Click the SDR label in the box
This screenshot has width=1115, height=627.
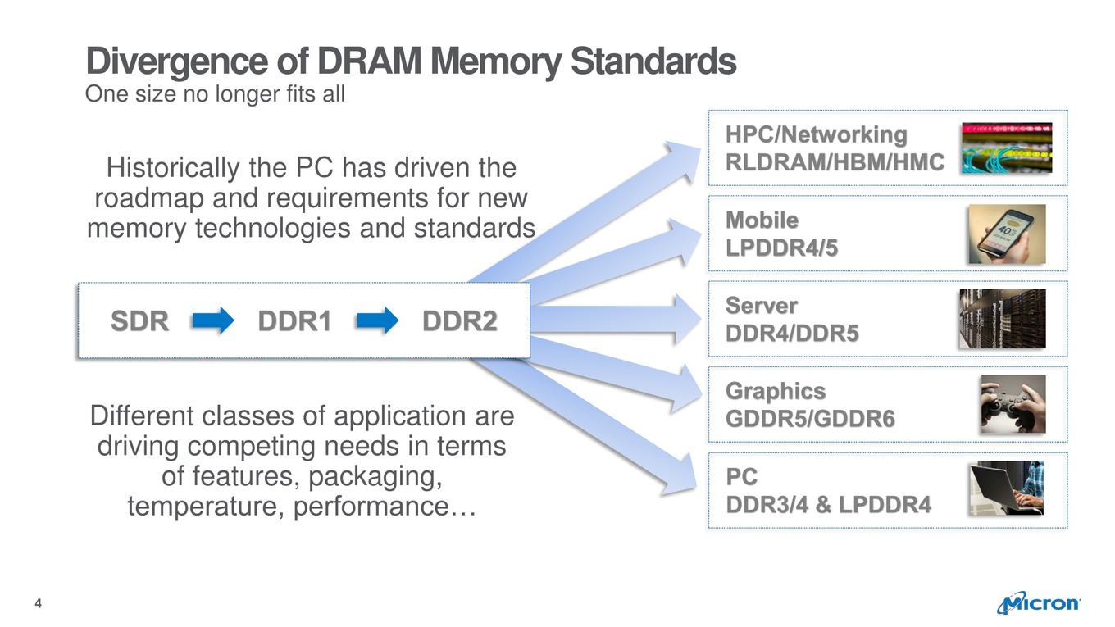140,320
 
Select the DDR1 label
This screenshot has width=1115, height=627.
294,320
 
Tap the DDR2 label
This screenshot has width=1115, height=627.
459,320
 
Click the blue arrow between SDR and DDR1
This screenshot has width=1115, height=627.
213,320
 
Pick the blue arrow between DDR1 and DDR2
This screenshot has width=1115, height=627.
377,320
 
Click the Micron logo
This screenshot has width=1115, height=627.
1038,602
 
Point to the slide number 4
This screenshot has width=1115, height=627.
39,603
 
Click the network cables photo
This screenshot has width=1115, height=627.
1007,148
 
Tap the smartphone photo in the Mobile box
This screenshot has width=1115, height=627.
1007,234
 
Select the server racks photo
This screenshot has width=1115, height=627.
1003,319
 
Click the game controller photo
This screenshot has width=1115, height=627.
1013,404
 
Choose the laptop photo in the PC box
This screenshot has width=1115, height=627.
1006,488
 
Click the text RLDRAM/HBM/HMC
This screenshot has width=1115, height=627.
835,162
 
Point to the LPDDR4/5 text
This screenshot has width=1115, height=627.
781,248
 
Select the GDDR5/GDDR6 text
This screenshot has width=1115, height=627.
810,419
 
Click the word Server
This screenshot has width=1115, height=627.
762,306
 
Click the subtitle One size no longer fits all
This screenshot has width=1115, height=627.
215,94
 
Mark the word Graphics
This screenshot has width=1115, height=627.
776,391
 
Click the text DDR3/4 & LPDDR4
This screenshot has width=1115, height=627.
828,505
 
